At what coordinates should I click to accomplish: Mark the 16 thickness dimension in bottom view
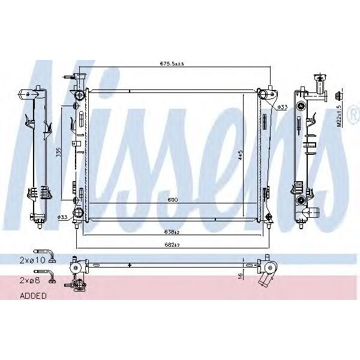pyautogui.click(x=240, y=275)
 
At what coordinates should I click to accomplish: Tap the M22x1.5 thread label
pyautogui.click(x=339, y=116)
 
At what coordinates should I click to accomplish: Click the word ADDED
pyautogui.click(x=33, y=295)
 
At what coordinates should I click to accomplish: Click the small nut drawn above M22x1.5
pyautogui.click(x=339, y=95)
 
